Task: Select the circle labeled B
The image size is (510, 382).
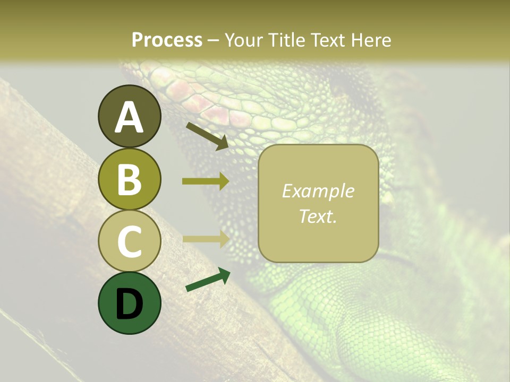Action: (x=130, y=179)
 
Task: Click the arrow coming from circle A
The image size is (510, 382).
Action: (x=208, y=136)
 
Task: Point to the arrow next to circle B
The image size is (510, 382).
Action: (x=206, y=181)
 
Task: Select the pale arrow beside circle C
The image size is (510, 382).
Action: (x=206, y=239)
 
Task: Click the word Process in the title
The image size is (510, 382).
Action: (x=167, y=40)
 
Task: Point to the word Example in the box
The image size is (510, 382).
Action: (x=318, y=191)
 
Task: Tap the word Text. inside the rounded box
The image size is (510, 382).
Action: (x=318, y=216)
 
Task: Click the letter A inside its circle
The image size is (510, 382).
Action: (x=130, y=117)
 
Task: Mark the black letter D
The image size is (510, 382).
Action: (x=130, y=304)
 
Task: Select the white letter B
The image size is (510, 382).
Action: (x=130, y=179)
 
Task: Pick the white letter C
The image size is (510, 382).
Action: (x=130, y=241)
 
